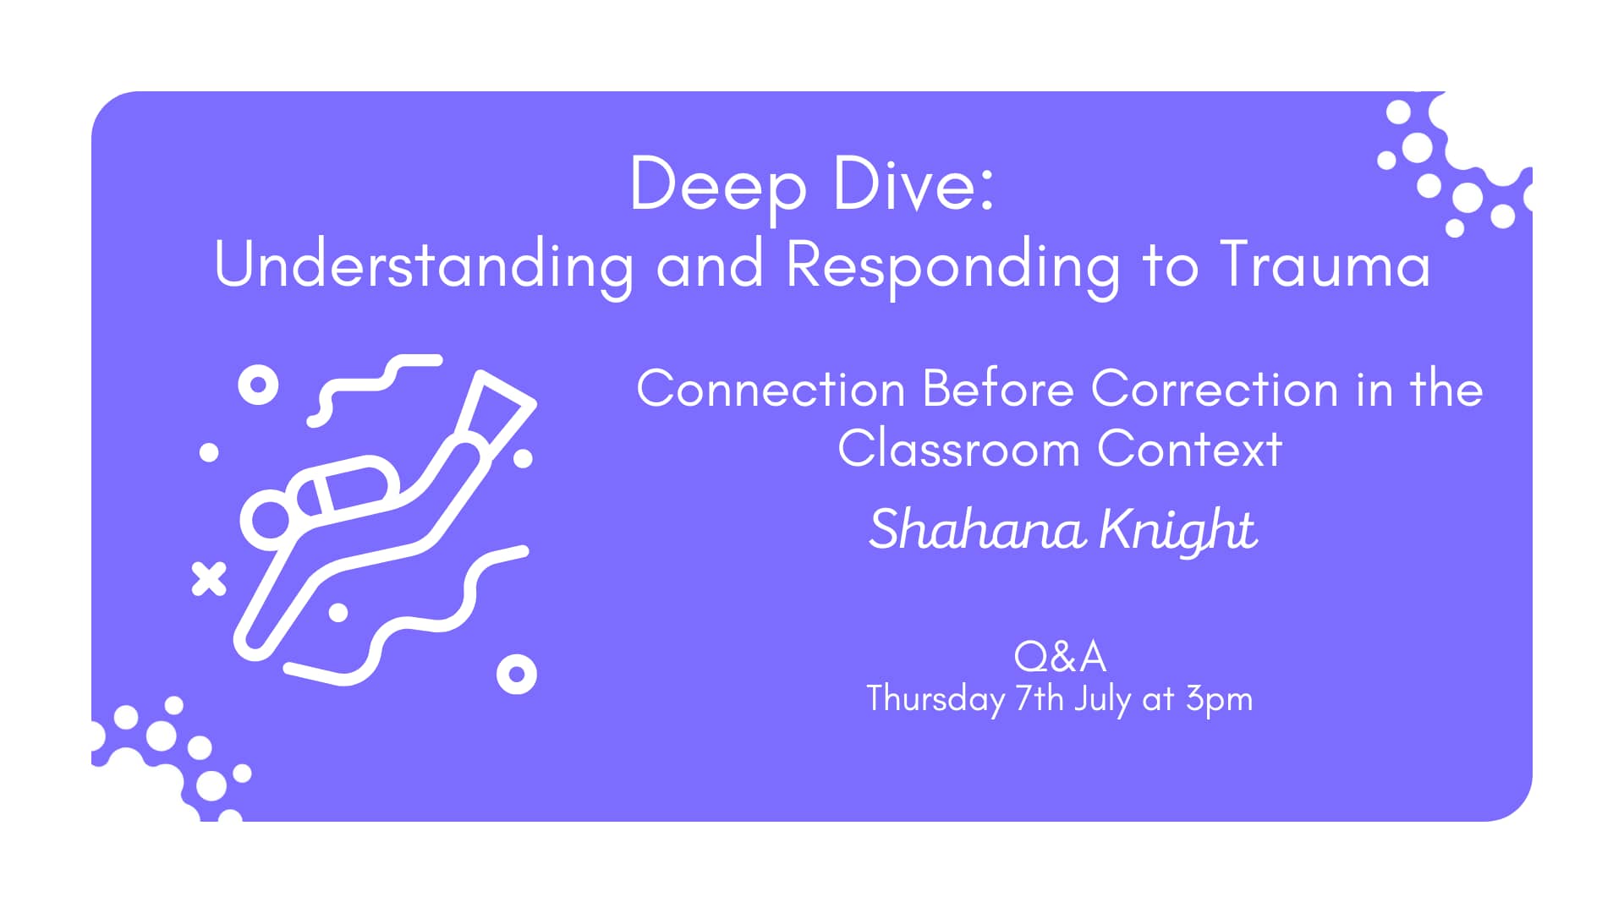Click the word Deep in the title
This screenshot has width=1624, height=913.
click(x=718, y=186)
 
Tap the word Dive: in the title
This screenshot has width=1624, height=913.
click(x=913, y=184)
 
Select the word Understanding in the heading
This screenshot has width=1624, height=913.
click(x=424, y=265)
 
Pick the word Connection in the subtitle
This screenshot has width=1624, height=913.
click(x=771, y=390)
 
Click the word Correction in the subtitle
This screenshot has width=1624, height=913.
click(x=1215, y=390)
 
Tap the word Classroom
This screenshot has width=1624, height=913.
click(x=958, y=449)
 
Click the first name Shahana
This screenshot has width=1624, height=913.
click(x=977, y=530)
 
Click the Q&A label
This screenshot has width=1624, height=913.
click(x=1060, y=656)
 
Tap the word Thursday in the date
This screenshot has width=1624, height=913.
click(x=935, y=700)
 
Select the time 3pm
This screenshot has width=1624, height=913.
click(x=1219, y=700)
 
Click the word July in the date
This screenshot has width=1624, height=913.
click(x=1102, y=700)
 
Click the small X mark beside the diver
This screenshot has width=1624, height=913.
click(x=209, y=579)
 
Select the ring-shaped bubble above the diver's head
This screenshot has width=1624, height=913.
click(x=258, y=385)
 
